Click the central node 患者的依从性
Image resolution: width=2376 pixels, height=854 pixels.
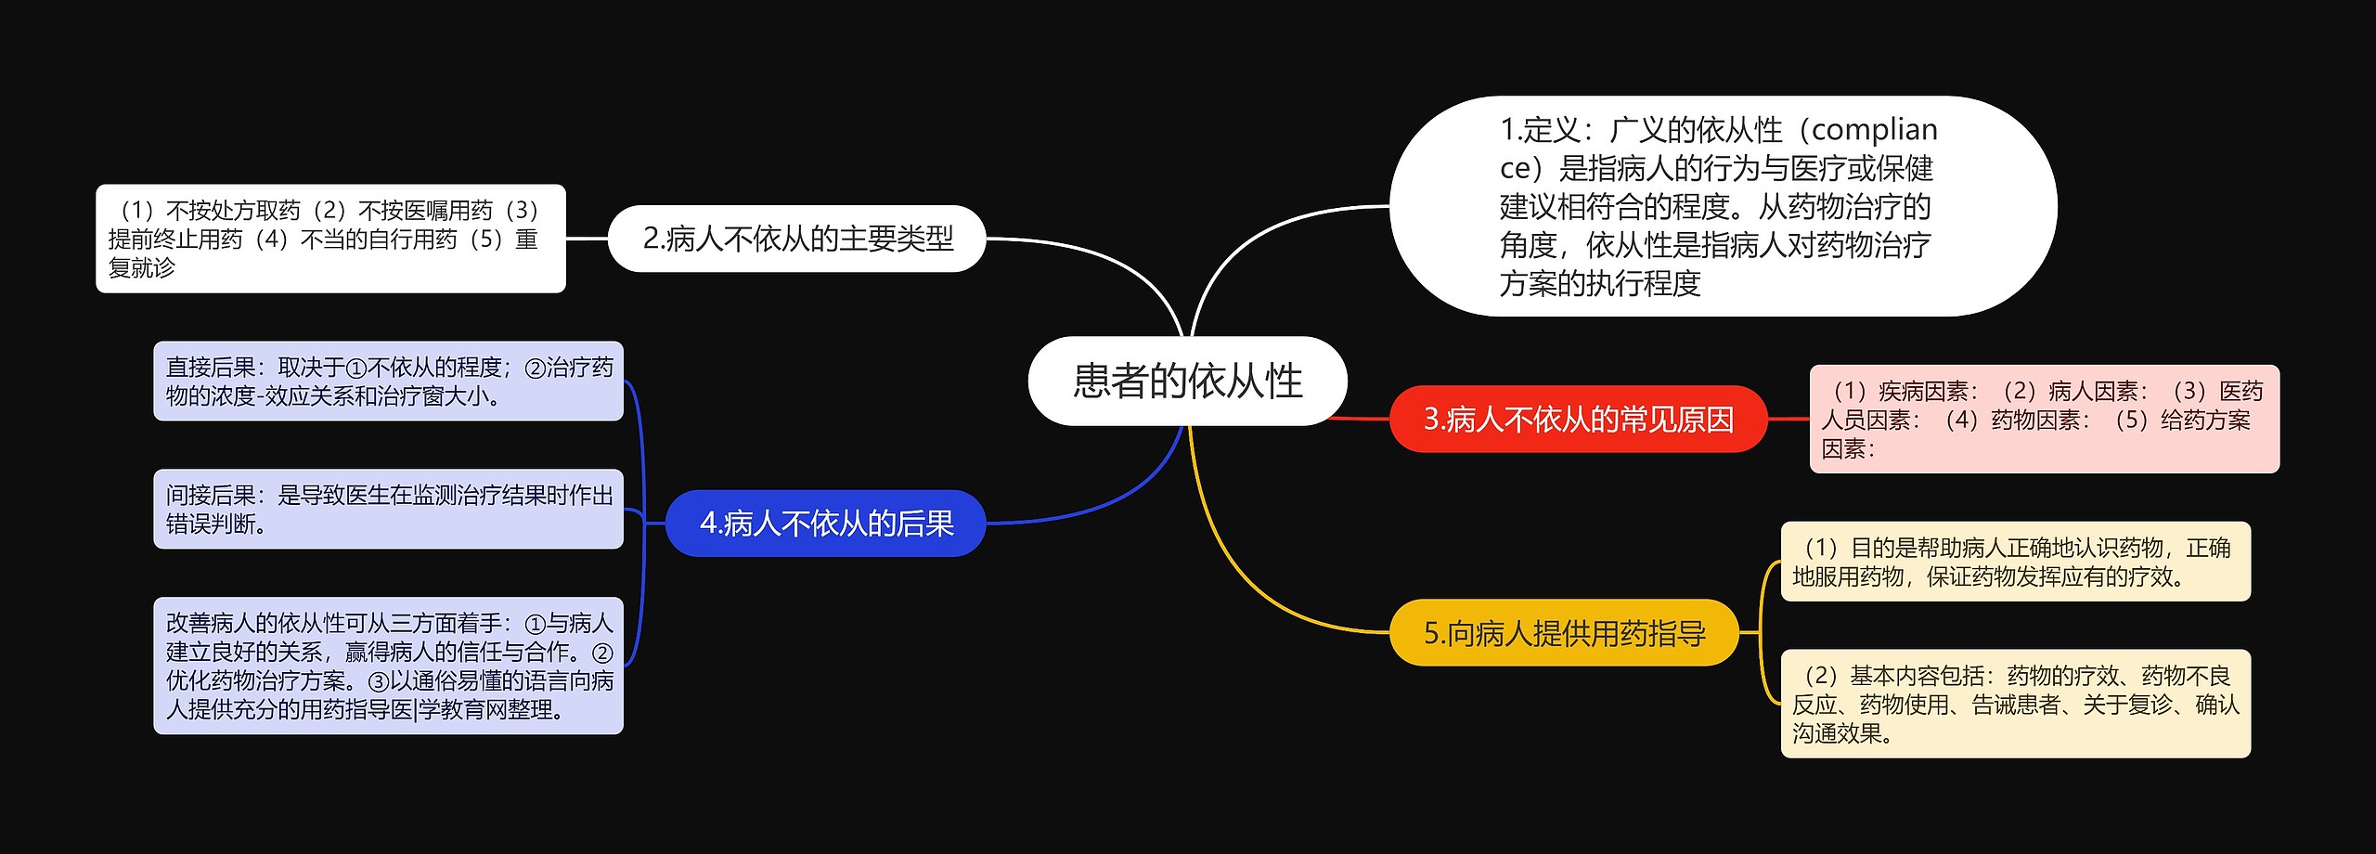tap(1187, 381)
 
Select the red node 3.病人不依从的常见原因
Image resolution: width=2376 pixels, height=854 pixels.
tap(1578, 420)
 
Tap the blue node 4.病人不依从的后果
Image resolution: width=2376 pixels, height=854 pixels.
tap(825, 524)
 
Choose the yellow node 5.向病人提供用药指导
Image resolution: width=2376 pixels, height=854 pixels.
tap(1564, 633)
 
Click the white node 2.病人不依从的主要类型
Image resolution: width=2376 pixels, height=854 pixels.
tap(796, 239)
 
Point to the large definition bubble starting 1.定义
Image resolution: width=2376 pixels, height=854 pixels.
tap(1722, 206)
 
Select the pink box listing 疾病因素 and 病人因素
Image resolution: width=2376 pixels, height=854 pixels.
tap(2044, 420)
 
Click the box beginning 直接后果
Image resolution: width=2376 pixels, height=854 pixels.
tap(388, 382)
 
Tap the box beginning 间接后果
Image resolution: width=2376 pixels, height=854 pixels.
tap(388, 510)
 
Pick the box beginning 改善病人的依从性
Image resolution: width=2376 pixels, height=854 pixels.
tap(388, 666)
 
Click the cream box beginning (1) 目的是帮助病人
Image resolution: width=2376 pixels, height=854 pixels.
tap(2015, 562)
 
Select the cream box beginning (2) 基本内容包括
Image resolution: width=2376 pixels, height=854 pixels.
tap(2015, 704)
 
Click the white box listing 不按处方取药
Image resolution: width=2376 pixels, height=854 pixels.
tap(330, 239)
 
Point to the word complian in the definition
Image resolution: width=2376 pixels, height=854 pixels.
tap(1874, 129)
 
